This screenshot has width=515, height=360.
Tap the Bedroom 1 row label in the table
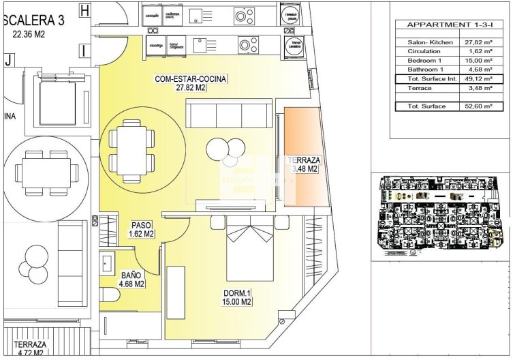point(425,61)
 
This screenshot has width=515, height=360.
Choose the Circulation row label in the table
point(424,52)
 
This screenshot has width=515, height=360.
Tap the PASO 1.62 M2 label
point(142,229)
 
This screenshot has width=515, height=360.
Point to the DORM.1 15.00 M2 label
point(238,297)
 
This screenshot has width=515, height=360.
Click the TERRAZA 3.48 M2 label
point(303,164)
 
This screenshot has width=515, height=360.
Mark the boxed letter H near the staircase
point(84,10)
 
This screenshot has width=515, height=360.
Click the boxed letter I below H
point(83,50)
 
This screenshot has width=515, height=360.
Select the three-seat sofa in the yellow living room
point(231,114)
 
